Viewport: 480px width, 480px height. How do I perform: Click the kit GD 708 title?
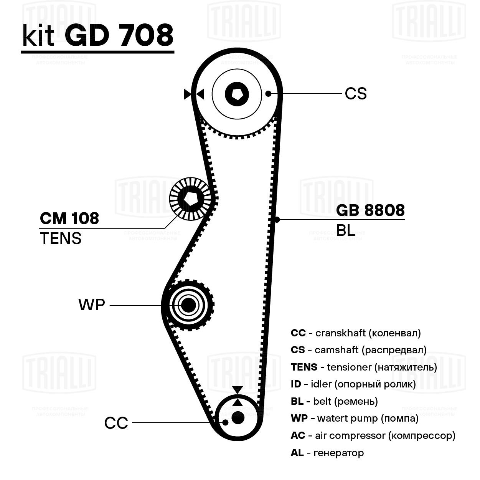click(97, 35)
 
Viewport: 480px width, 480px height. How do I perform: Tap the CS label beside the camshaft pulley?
click(355, 94)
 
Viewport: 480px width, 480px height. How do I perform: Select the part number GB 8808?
click(370, 210)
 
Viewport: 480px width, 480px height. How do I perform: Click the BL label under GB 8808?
click(345, 230)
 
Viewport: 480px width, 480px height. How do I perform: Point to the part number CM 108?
click(69, 218)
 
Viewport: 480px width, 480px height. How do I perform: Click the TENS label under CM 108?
click(61, 238)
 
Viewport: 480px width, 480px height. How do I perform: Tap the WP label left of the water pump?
click(92, 305)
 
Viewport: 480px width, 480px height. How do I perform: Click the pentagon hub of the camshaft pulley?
click(237, 94)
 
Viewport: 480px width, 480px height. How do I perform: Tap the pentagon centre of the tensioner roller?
click(191, 199)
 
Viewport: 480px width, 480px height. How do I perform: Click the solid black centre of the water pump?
click(188, 305)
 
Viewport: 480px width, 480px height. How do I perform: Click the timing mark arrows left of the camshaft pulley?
click(194, 94)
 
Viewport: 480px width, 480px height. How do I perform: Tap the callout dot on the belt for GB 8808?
click(277, 220)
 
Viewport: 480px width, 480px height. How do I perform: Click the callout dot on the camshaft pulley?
click(268, 94)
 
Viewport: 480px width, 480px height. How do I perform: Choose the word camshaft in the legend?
click(336, 350)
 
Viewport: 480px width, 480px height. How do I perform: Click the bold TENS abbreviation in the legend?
click(304, 367)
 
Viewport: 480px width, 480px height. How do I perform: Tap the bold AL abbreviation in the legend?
click(297, 453)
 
